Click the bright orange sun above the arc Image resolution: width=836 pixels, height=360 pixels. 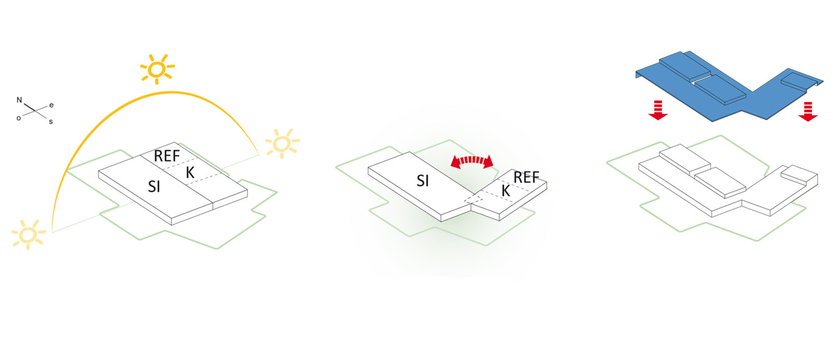click(x=157, y=68)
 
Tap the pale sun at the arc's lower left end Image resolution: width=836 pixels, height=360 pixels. click(x=29, y=234)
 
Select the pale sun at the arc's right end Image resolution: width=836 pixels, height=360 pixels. click(x=282, y=144)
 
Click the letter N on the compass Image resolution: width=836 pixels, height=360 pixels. click(x=19, y=100)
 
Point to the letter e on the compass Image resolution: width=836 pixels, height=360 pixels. click(x=51, y=105)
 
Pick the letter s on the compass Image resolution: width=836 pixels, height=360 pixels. click(x=51, y=122)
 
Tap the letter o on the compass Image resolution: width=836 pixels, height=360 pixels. click(x=19, y=118)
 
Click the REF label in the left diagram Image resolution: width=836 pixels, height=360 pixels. click(x=166, y=156)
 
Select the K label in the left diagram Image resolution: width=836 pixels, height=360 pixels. click(x=190, y=173)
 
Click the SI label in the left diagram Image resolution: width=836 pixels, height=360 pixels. click(x=154, y=186)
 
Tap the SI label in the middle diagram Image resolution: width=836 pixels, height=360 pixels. click(x=423, y=181)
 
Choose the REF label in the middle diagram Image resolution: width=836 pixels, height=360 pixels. click(x=526, y=177)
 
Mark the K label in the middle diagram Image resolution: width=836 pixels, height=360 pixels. click(x=506, y=191)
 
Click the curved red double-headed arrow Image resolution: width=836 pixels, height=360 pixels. click(x=472, y=161)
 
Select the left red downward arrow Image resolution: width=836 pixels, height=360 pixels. click(x=658, y=110)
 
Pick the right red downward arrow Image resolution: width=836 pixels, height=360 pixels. click(x=807, y=111)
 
